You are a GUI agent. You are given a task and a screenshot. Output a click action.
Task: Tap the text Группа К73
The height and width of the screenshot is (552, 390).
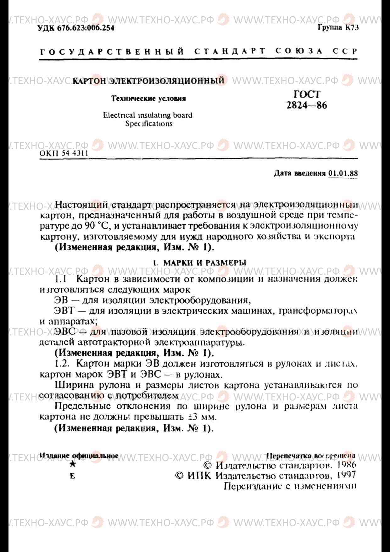(338, 28)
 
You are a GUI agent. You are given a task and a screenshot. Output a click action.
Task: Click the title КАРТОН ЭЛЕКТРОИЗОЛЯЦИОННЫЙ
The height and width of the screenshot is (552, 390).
(148, 81)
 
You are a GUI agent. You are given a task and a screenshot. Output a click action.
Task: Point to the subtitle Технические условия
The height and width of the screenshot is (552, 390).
(148, 98)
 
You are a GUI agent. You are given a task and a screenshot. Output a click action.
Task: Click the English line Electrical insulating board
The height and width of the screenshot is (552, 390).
(148, 115)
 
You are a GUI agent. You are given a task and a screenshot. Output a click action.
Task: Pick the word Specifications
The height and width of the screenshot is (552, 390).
(149, 124)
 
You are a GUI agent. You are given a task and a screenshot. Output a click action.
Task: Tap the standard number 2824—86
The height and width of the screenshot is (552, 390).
(307, 105)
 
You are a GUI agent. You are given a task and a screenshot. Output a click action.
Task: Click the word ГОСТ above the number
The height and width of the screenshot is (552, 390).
(307, 94)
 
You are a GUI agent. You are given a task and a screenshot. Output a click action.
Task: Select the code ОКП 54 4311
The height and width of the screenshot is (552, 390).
(64, 153)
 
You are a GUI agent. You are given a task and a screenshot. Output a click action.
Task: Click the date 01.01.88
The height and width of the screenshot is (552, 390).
(343, 173)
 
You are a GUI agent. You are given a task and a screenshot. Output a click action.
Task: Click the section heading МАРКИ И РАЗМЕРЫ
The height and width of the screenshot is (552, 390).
(205, 263)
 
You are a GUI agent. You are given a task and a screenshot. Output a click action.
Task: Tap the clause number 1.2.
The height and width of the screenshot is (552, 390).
(62, 364)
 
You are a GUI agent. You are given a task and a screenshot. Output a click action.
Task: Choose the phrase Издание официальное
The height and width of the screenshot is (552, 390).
(79, 456)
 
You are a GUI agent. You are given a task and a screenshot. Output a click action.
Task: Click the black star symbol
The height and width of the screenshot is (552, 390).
(73, 464)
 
